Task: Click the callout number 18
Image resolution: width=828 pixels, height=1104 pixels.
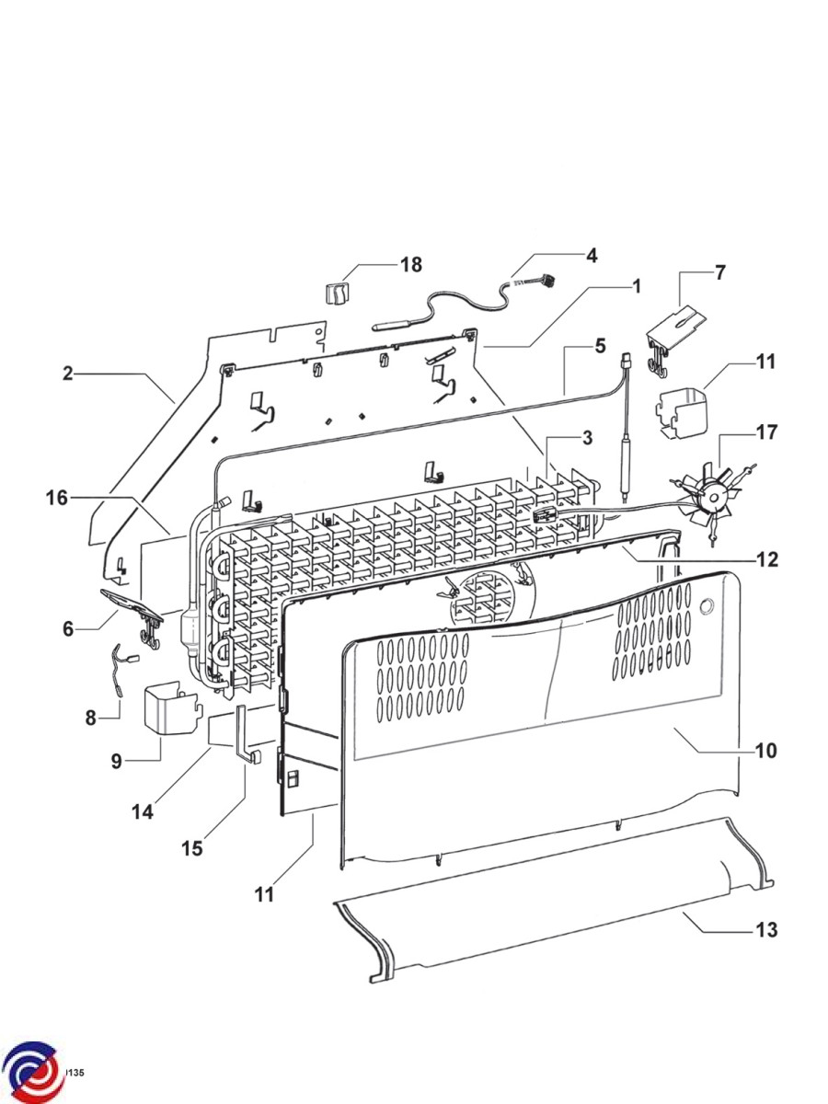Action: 410,265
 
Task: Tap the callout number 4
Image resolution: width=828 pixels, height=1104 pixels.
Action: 592,256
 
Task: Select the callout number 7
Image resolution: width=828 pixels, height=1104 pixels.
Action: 719,272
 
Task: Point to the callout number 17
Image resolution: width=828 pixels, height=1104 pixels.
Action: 766,431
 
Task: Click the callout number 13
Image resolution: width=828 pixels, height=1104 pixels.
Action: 765,930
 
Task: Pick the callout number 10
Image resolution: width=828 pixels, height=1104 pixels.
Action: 765,751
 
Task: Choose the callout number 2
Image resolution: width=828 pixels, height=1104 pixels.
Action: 67,374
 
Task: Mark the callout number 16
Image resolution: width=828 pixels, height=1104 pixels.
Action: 57,498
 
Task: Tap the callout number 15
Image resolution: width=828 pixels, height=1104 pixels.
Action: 191,847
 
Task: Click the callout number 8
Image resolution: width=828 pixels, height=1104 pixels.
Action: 90,718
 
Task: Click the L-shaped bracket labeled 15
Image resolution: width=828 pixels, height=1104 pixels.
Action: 246,736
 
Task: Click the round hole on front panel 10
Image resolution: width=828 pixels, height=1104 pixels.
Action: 706,606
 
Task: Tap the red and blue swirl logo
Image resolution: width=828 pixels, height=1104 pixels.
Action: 31,1073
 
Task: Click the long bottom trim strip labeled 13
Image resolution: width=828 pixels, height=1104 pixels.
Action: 552,929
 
